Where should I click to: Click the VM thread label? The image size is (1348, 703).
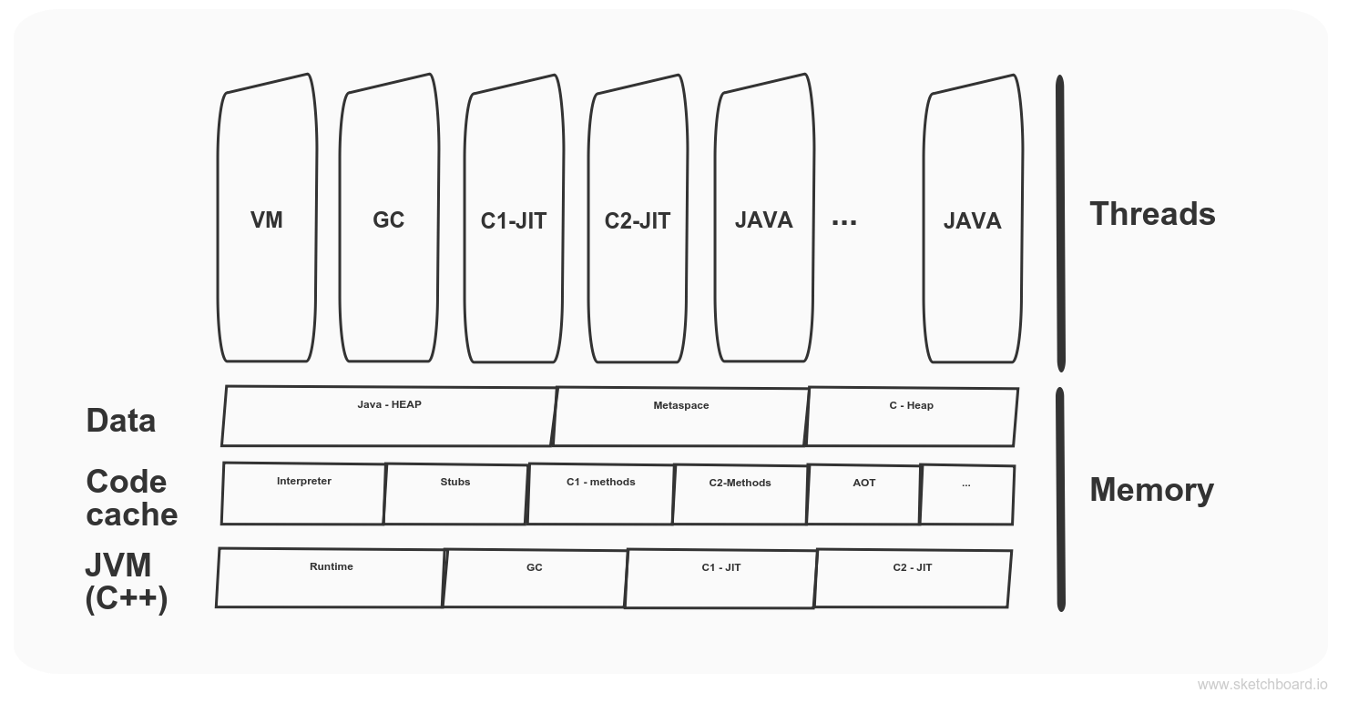click(266, 220)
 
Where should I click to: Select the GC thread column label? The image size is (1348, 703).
click(388, 220)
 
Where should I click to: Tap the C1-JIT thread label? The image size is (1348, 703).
click(513, 221)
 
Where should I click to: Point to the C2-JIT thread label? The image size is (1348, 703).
click(637, 221)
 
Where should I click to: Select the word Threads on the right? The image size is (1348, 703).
click(1151, 214)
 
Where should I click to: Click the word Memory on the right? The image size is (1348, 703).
click(1151, 490)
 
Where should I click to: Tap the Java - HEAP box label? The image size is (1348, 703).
click(389, 404)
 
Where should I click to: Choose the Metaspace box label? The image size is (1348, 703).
click(680, 405)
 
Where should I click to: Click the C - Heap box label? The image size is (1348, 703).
click(911, 405)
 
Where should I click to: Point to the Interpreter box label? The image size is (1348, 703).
click(303, 481)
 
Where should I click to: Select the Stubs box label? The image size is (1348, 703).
click(454, 482)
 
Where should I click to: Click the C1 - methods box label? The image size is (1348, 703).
click(600, 482)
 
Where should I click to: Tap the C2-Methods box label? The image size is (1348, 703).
click(740, 483)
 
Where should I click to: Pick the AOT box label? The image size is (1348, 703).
click(863, 483)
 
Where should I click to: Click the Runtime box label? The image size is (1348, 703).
click(331, 566)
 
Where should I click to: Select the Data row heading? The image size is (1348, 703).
click(120, 421)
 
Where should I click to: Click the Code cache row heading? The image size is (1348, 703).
click(131, 498)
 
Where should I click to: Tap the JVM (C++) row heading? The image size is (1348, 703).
click(126, 582)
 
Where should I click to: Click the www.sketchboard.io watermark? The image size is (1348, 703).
click(1261, 685)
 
